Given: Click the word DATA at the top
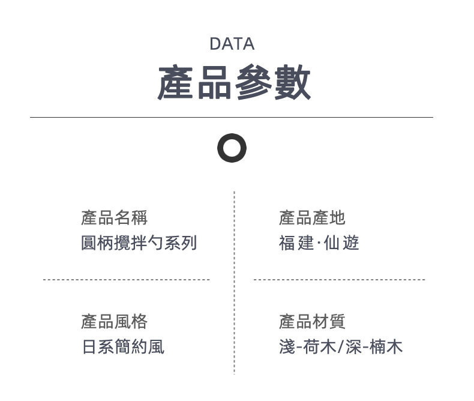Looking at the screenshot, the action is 232,44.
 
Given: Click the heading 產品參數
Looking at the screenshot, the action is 234,83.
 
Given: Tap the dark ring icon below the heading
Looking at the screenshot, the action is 232,148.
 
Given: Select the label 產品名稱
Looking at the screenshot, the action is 114,218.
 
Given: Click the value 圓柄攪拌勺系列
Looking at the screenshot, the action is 139,243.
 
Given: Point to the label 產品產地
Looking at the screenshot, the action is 312,218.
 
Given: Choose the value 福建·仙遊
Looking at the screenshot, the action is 319,243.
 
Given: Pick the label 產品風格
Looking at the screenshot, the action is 114,322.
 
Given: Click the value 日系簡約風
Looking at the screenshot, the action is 122,347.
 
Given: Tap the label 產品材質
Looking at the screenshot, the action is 312,322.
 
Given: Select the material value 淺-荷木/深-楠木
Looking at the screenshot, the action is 340,347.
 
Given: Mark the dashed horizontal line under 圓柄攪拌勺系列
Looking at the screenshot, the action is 126,280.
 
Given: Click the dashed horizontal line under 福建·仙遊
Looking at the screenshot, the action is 339,280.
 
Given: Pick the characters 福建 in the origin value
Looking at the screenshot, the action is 296,243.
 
